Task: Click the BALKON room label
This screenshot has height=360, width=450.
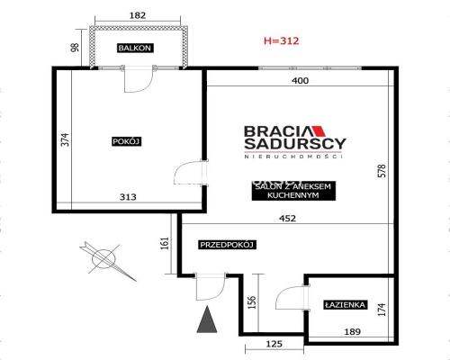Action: click(135, 48)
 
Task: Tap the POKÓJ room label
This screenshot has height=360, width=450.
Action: click(127, 141)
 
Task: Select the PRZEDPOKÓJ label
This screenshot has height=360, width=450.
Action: click(227, 245)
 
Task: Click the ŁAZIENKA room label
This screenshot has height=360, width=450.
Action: click(346, 305)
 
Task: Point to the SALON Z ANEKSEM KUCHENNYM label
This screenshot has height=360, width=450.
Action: click(293, 191)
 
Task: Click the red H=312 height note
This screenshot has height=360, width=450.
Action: click(282, 40)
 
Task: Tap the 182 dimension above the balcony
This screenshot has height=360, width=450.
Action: click(138, 15)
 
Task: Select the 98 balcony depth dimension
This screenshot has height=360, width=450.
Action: click(75, 48)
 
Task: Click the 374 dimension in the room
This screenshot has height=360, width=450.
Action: click(66, 139)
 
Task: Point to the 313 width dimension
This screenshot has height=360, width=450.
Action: click(128, 197)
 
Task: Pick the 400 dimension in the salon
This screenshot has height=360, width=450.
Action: click(301, 81)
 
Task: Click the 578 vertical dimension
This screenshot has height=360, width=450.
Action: click(382, 170)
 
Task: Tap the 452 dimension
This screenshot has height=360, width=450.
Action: click(287, 219)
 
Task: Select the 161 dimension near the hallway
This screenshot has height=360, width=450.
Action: click(165, 243)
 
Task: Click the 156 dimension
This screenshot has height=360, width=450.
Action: click(252, 302)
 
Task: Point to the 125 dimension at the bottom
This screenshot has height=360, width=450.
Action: click(274, 344)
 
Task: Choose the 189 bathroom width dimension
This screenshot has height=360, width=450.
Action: click(353, 332)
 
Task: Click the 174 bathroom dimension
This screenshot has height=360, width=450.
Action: click(382, 310)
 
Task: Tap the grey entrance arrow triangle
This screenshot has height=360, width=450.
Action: click(207, 319)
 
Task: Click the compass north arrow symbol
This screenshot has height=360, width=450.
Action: click(107, 260)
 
